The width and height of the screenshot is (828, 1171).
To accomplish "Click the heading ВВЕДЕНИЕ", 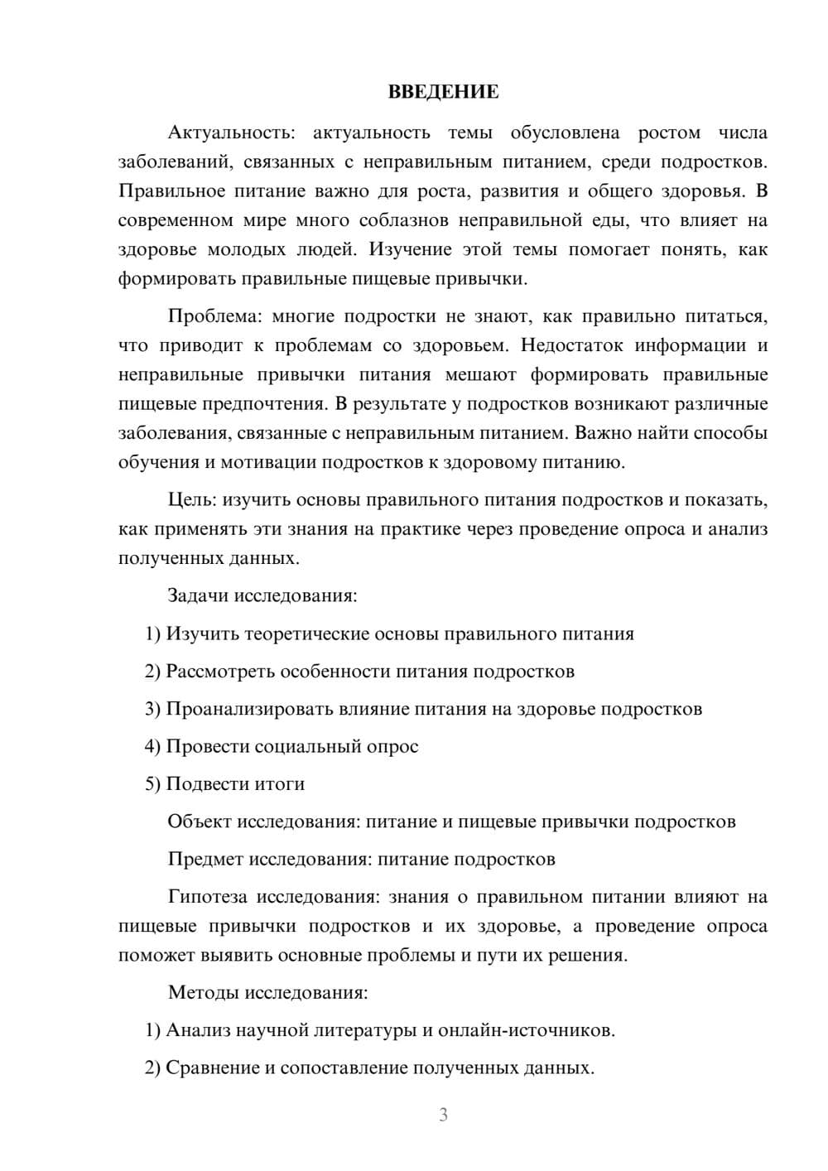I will click(443, 92).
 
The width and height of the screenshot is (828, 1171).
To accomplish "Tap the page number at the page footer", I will click(443, 1115).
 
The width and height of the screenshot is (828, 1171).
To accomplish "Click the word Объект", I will click(200, 822).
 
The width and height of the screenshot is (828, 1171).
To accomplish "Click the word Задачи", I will click(199, 595).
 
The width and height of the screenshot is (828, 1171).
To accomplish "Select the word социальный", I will click(306, 746).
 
